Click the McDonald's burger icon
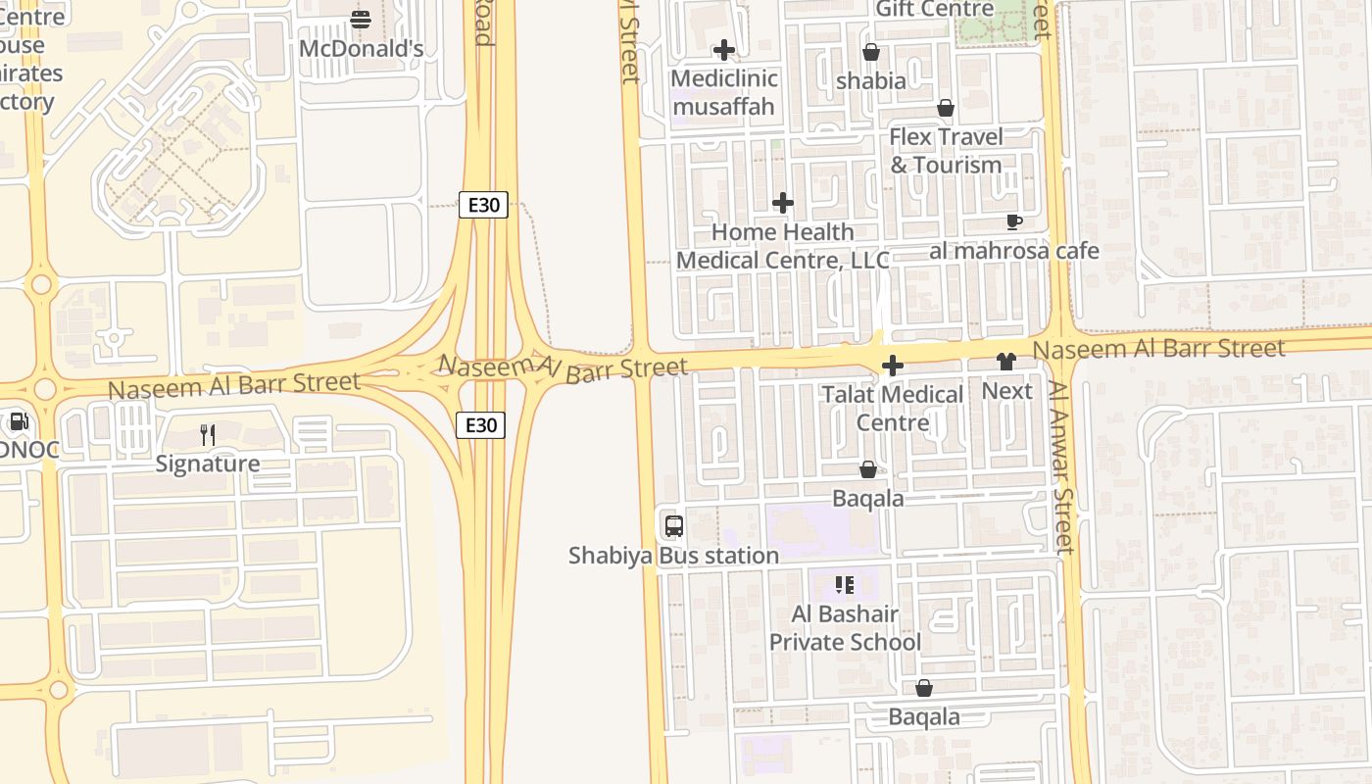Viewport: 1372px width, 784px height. [x=361, y=19]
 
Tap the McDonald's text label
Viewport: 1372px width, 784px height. [x=361, y=48]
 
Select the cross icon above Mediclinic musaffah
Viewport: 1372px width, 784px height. [x=724, y=50]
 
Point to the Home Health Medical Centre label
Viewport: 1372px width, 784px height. [x=783, y=246]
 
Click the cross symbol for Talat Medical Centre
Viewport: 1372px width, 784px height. [x=892, y=366]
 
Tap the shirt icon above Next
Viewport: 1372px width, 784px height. [x=1005, y=362]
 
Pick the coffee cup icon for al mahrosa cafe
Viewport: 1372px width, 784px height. [x=1014, y=222]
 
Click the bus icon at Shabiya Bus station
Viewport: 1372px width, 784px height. [x=674, y=525]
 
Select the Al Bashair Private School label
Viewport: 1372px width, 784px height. [x=845, y=628]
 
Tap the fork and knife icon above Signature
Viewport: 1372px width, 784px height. [x=208, y=434]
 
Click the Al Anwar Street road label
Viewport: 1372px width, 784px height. [x=1061, y=466]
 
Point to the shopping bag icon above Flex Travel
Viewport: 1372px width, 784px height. [x=946, y=108]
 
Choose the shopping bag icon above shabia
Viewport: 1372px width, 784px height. [x=870, y=52]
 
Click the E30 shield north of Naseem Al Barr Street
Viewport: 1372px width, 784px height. [x=483, y=205]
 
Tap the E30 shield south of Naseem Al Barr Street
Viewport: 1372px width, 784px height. [x=480, y=424]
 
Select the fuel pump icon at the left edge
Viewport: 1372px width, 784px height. [x=18, y=422]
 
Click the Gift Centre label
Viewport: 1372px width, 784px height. [x=935, y=9]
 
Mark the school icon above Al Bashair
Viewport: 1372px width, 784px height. [x=845, y=585]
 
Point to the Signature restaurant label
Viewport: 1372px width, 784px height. [x=208, y=464]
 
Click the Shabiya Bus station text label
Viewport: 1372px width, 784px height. [x=674, y=556]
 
